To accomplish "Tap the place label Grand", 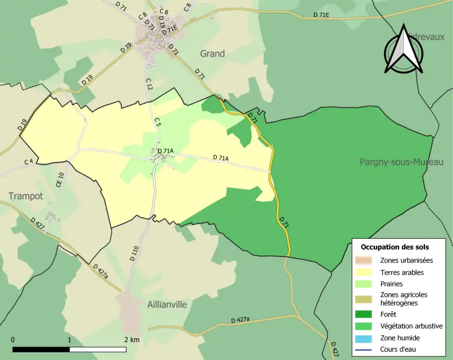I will click(212, 54).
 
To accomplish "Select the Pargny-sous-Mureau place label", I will click(402, 162).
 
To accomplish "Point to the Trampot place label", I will click(25, 196).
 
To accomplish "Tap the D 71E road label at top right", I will click(321, 15).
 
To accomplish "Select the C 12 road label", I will click(149, 84).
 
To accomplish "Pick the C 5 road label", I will click(158, 121).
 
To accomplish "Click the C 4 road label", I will click(29, 162).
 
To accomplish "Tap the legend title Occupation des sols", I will click(394, 247).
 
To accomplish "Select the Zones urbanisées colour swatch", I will click(366, 260).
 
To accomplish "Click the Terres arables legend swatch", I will click(366, 272).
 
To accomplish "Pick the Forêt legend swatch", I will click(366, 314).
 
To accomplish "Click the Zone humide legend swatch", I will click(366, 338).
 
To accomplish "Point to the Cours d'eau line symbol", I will click(366, 350).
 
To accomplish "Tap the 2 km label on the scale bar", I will click(132, 340).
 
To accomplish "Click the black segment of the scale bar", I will click(41, 350).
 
